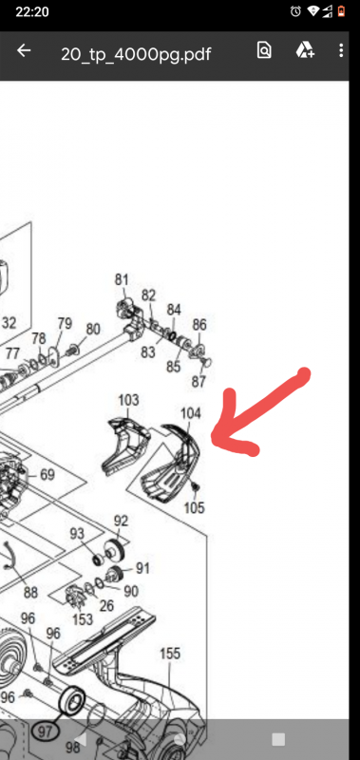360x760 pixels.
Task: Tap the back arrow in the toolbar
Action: click(23, 51)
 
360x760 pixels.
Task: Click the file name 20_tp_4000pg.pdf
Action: click(136, 53)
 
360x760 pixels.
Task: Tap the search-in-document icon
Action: click(264, 50)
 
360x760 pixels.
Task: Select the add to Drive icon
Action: click(305, 50)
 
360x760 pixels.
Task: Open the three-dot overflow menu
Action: click(341, 50)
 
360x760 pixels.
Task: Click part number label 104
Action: click(190, 413)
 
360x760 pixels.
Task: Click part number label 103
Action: click(128, 400)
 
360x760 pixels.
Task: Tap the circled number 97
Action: click(45, 731)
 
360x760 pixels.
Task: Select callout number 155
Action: click(170, 654)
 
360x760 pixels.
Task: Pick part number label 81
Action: click(122, 279)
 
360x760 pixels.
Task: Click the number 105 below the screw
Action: click(195, 507)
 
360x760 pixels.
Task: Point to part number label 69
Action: click(47, 474)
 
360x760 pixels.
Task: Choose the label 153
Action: click(83, 619)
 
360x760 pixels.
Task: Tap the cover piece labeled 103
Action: click(125, 444)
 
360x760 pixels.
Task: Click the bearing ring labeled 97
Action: click(71, 700)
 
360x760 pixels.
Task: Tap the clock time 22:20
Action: click(32, 11)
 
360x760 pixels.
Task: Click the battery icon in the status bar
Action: click(341, 11)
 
